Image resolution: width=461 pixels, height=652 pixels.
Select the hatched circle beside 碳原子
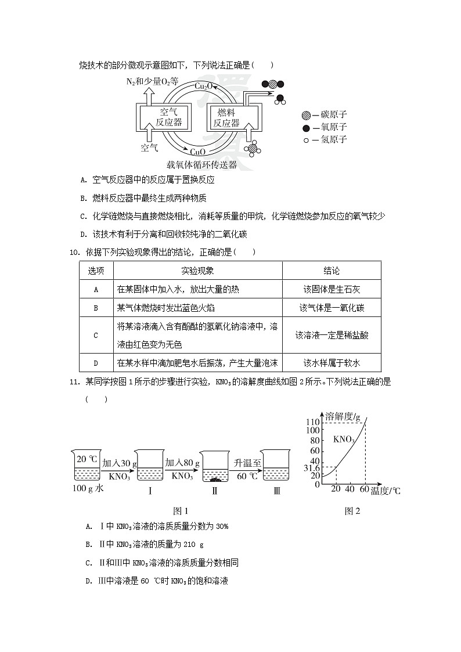(306, 115)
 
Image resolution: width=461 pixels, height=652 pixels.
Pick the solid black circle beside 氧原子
(306, 127)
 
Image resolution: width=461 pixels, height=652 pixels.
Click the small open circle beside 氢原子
(306, 139)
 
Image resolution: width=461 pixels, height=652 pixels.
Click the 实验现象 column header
(197, 271)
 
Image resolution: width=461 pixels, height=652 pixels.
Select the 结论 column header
(332, 271)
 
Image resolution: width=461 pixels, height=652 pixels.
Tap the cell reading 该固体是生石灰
(332, 289)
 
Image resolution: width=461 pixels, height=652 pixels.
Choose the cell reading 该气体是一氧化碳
(332, 308)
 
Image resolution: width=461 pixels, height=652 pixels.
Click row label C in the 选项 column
(96, 335)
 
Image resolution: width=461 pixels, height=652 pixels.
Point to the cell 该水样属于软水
(332, 363)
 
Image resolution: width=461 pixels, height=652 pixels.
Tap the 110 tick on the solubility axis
(314, 422)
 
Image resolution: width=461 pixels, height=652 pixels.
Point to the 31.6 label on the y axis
(312, 467)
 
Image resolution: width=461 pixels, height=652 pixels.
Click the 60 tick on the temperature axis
(365, 489)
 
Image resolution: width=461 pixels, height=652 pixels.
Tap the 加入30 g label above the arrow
(119, 463)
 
